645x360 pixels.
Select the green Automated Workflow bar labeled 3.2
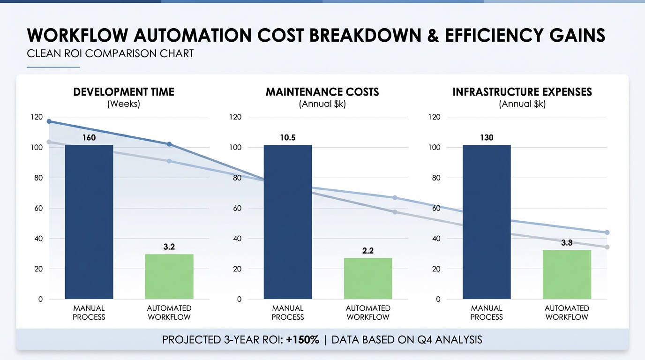(169, 277)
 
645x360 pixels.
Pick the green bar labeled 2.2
(368, 278)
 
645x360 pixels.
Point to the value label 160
(89, 138)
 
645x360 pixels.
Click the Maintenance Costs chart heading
(322, 92)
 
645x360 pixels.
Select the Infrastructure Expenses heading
(522, 92)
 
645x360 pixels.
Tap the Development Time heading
(124, 92)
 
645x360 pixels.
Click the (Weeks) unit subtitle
(124, 104)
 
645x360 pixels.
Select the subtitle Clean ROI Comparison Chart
(110, 53)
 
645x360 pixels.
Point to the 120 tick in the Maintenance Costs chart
(235, 117)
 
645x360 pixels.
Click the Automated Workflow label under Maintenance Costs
(368, 313)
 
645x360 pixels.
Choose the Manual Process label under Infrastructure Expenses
(487, 313)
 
